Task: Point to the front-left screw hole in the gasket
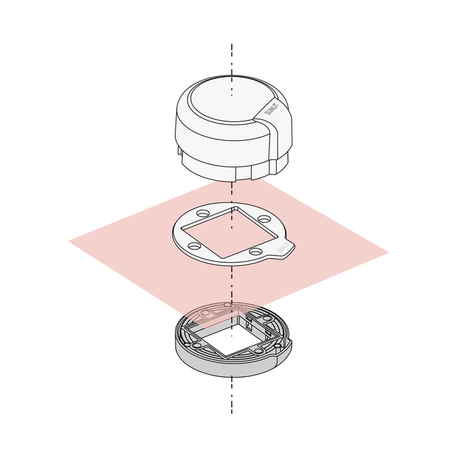pos(194,247)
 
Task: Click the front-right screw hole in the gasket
pos(255,252)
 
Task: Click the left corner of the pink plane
pos(70,239)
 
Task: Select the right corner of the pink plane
pos(387,253)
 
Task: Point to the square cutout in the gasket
pos(230,232)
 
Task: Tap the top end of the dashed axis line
pos(232,45)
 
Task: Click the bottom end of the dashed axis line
pos(232,412)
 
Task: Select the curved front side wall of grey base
pos(230,367)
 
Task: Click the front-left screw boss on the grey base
pos(196,345)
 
